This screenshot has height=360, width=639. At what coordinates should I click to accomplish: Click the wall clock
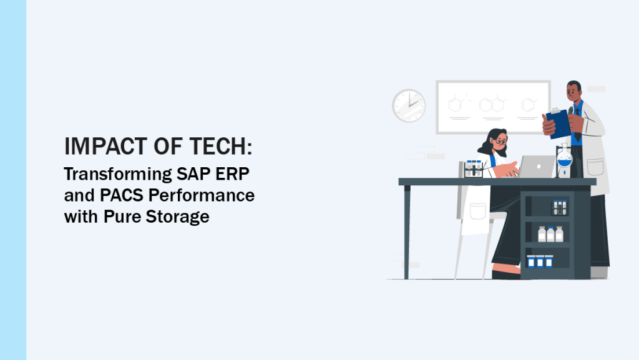(x=409, y=106)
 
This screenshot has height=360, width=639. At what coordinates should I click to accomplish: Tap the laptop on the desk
(x=537, y=167)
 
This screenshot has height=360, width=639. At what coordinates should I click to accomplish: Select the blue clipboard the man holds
(x=559, y=123)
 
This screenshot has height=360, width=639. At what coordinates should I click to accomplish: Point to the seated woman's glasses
(x=499, y=142)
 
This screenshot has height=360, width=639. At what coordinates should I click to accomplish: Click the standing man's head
(x=574, y=92)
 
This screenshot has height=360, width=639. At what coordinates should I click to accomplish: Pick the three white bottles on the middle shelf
(x=550, y=234)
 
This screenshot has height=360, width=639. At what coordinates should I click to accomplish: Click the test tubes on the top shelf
(x=560, y=207)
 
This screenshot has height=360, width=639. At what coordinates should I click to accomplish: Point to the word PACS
(x=112, y=196)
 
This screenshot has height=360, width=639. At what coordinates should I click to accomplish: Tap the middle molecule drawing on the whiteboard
(x=492, y=104)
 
